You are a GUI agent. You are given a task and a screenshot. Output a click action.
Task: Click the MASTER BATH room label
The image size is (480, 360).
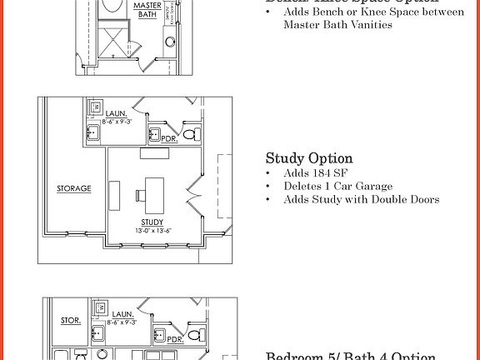[x=147, y=9]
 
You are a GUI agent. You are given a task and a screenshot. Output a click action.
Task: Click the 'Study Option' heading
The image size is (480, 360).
[x=309, y=158]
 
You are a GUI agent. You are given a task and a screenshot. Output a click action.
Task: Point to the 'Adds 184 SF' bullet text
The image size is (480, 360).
[x=316, y=173]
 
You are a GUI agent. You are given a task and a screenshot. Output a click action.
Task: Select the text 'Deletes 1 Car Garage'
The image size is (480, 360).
[x=338, y=186]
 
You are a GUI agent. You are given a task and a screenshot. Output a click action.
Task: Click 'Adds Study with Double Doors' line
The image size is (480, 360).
[x=361, y=199]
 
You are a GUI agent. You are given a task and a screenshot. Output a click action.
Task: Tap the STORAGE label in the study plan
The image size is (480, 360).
[x=73, y=188]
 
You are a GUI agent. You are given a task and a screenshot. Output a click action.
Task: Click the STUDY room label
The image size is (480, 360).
[x=152, y=222]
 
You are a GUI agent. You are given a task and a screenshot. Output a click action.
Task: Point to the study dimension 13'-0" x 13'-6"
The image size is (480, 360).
[x=152, y=230]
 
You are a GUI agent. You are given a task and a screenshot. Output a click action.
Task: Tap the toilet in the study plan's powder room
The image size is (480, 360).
[x=189, y=133]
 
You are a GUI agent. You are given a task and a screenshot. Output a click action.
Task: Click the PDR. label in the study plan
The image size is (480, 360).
[x=169, y=139]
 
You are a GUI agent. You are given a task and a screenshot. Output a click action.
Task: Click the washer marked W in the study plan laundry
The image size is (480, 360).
[x=95, y=108]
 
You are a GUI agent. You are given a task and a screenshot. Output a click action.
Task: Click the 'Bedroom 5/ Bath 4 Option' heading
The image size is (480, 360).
[x=350, y=356]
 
